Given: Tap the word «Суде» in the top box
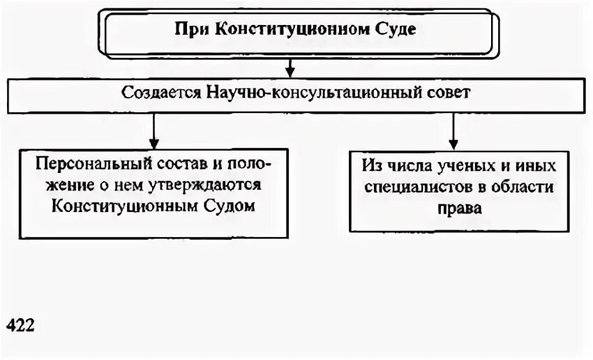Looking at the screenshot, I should (398, 31).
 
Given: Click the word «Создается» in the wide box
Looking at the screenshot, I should (160, 92).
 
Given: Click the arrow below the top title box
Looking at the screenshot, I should (290, 68).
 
